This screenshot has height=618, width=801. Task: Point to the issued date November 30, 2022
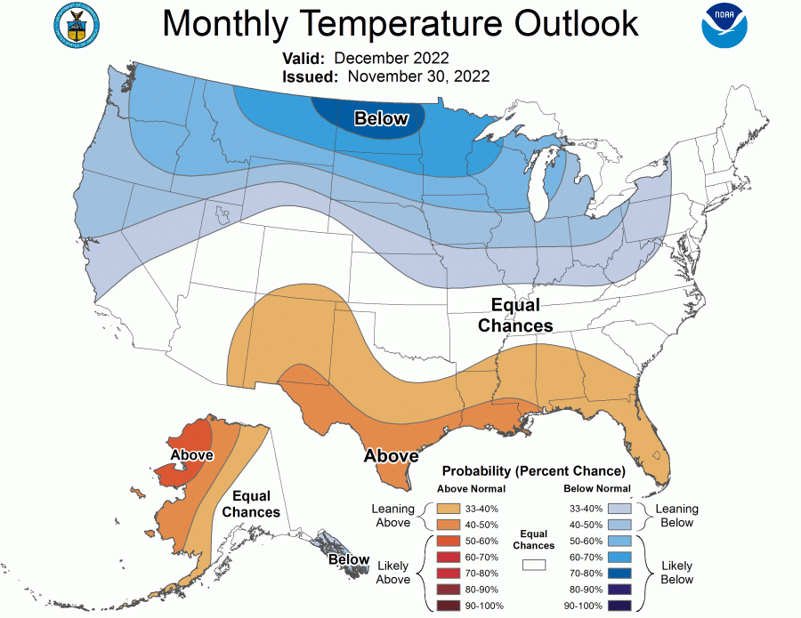pos(418,76)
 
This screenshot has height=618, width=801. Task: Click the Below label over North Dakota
pos(381,118)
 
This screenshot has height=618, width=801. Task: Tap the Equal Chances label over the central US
pos(515,316)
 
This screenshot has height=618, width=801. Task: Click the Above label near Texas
pos(391,456)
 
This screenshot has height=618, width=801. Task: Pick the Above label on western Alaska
pos(191,455)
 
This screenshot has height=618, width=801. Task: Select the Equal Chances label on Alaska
pos(251,503)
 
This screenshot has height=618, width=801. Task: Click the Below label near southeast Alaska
pos(348,559)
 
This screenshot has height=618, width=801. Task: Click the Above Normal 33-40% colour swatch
pos(449,508)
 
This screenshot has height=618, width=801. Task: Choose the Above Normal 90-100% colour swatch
pos(449,606)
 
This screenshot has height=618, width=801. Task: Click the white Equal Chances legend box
pos(534,565)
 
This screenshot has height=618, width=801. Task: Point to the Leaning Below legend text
pos(676,516)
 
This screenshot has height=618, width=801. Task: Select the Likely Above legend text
pos(392,572)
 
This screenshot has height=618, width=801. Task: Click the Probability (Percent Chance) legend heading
pos(534,470)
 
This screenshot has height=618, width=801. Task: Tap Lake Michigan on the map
pos(540,191)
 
